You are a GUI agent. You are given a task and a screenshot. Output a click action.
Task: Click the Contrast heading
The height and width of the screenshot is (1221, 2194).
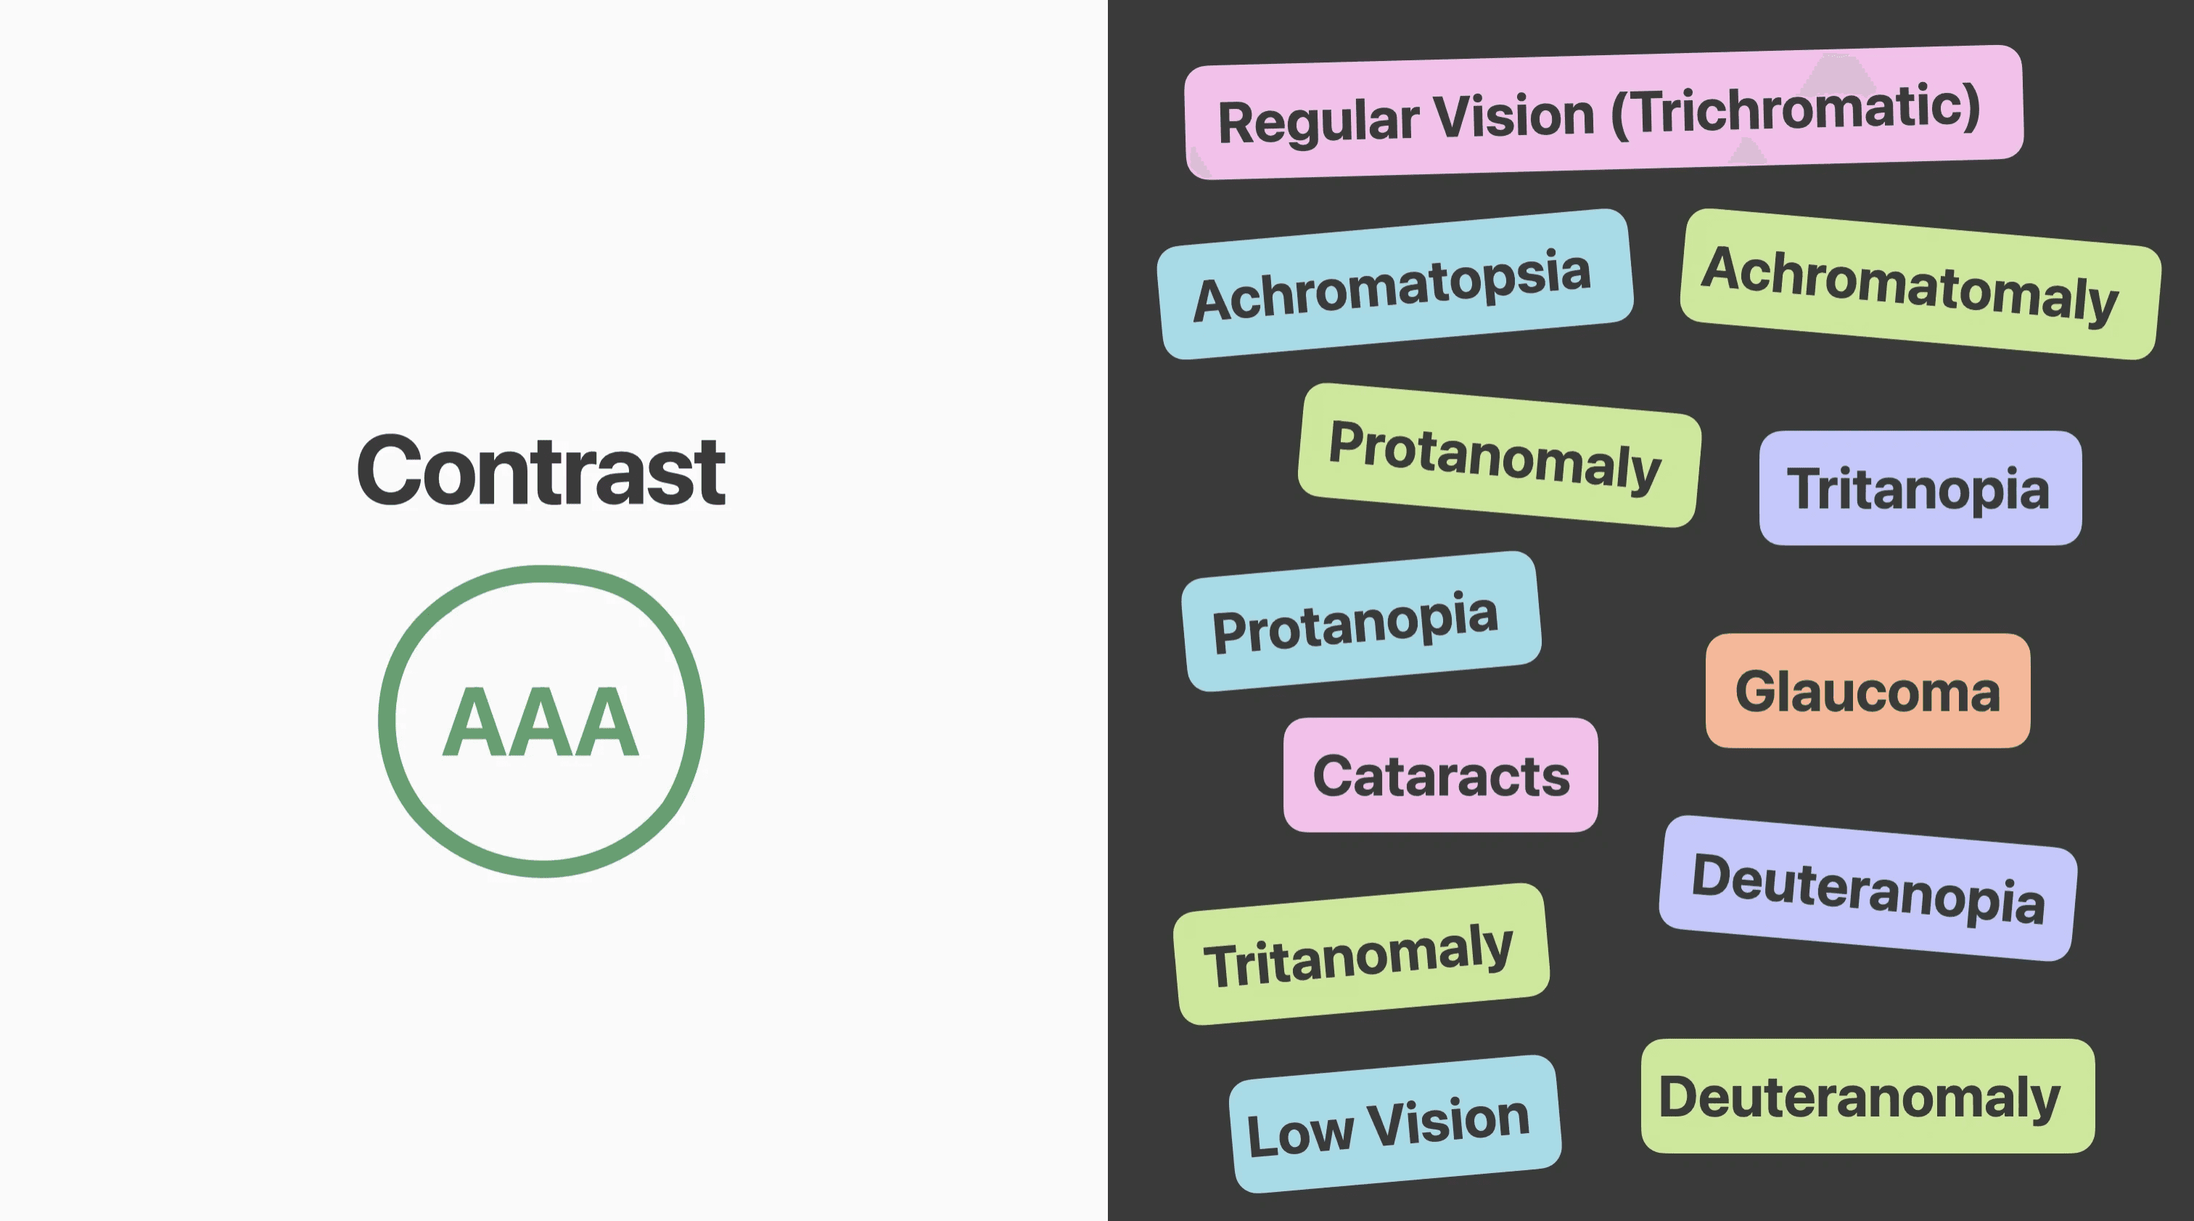pyautogui.click(x=541, y=470)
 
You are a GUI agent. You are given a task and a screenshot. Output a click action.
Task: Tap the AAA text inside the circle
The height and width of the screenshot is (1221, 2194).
pyautogui.click(x=541, y=722)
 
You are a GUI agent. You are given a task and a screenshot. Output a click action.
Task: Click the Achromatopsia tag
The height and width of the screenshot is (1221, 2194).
pyautogui.click(x=1394, y=285)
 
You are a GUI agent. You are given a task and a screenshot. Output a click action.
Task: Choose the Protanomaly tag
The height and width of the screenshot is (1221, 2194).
pyautogui.click(x=1498, y=455)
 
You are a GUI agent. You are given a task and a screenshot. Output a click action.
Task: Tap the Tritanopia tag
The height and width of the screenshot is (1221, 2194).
pyautogui.click(x=1920, y=489)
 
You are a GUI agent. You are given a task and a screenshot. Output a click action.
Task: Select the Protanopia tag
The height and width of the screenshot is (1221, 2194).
pyautogui.click(x=1360, y=621)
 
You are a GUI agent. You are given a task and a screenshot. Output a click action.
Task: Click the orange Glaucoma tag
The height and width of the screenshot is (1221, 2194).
pyautogui.click(x=1867, y=691)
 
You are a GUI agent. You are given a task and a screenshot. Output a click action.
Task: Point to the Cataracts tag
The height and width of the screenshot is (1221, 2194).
pyautogui.click(x=1440, y=775)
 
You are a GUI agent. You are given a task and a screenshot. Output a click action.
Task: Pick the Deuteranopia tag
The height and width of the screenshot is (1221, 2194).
pyautogui.click(x=1868, y=888)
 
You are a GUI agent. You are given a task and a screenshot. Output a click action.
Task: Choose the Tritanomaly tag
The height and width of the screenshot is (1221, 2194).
pyautogui.click(x=1360, y=955)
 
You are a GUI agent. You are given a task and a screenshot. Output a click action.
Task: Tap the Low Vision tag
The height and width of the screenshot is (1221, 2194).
pyautogui.click(x=1394, y=1124)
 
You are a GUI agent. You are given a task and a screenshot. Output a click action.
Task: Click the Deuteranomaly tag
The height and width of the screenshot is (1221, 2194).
pyautogui.click(x=1867, y=1097)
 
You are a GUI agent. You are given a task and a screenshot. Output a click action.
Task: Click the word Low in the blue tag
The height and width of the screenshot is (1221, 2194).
pyautogui.click(x=1299, y=1134)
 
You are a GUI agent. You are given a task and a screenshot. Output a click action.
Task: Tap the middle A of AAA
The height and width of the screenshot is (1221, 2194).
pyautogui.click(x=541, y=722)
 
